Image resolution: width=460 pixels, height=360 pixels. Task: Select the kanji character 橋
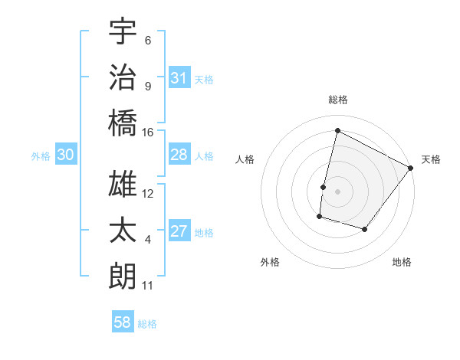[x=123, y=123]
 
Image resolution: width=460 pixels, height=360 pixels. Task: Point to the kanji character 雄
[x=123, y=185]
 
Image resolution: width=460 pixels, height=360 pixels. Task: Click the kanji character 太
[x=123, y=231]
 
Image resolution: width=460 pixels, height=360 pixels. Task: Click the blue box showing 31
[x=179, y=78]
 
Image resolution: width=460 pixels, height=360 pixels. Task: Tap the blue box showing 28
[x=179, y=155]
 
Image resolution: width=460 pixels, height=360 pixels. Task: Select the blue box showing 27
[x=179, y=231]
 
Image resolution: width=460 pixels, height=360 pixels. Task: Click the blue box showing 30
[x=65, y=155]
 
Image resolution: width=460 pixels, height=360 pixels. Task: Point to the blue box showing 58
[x=123, y=322]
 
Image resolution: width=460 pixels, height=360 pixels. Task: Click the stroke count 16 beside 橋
[x=148, y=133]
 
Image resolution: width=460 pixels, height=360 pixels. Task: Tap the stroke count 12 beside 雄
[x=148, y=194]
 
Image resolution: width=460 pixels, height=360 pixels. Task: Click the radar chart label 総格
[x=337, y=100]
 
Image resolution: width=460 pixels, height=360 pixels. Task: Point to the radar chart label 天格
[x=431, y=159]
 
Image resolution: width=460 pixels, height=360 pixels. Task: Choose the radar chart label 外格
[x=270, y=262]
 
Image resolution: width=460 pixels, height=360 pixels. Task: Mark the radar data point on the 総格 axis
[x=337, y=131]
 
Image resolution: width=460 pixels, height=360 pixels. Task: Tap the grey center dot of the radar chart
[x=337, y=191]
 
